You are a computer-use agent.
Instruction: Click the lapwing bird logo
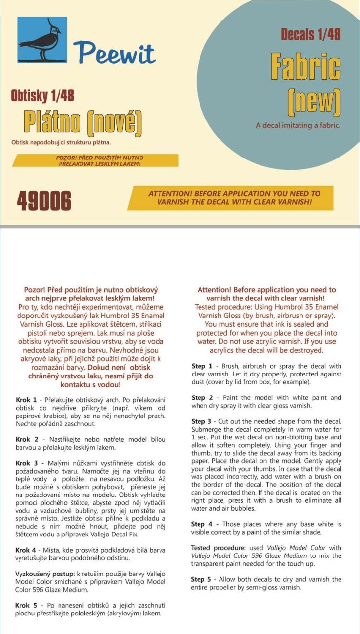[x=42, y=40]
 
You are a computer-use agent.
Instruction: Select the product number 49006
[x=44, y=200]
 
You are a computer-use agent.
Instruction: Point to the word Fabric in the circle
[x=305, y=67]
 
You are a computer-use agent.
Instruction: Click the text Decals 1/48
[x=311, y=34]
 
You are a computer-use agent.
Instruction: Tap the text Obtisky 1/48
[x=42, y=96]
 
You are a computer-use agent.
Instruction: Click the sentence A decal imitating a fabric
[x=298, y=125]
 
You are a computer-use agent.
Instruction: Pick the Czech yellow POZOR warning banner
[x=96, y=160]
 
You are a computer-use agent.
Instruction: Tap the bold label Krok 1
[x=27, y=400]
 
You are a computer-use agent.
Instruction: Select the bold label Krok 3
[x=27, y=462]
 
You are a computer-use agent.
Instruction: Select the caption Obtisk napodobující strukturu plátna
[x=61, y=142]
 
